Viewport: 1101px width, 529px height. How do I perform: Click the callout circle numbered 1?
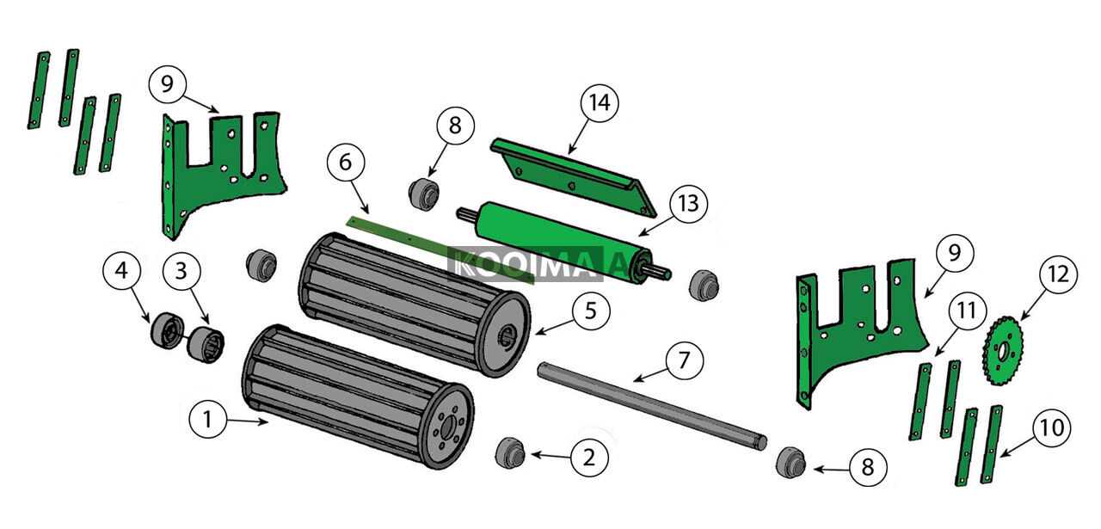pos(207,420)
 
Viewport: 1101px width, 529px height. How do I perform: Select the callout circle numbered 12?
pos(1057,275)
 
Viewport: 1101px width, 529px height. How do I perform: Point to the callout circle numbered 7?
pos(684,360)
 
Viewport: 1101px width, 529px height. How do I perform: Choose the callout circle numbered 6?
pos(346,163)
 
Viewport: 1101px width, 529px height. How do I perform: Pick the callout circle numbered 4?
pos(121,270)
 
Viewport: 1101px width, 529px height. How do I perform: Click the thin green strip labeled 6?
pos(430,246)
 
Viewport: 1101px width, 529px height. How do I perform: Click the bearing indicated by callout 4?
pos(164,331)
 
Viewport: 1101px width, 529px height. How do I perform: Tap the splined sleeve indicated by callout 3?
pos(206,345)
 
